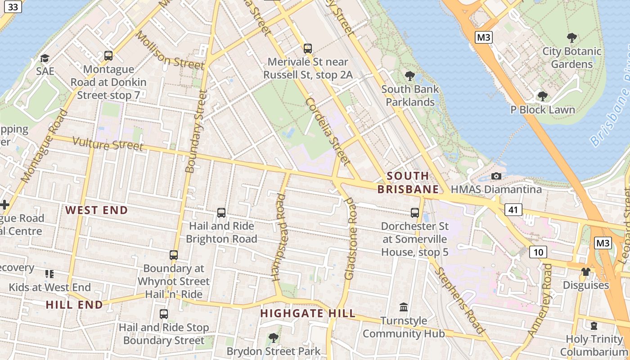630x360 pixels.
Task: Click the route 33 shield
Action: point(13,7)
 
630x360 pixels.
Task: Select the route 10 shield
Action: point(538,252)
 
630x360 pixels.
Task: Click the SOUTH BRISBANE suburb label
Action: point(408,183)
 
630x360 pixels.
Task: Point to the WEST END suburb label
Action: point(97,210)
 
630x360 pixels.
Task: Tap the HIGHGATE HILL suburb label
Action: point(308,314)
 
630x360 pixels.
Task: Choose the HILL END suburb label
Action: point(74,305)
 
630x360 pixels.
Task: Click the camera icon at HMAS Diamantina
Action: point(496,176)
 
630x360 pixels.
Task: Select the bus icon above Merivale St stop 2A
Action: point(308,49)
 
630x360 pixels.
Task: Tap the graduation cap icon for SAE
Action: point(45,58)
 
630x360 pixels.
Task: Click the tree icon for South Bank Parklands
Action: point(409,76)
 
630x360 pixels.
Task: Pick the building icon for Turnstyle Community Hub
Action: point(404,307)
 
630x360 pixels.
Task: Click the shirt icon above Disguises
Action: point(585,272)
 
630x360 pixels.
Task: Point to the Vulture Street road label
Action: point(108,144)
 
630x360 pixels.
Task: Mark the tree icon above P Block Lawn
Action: point(543,96)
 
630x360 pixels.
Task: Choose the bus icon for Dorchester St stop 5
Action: point(415,213)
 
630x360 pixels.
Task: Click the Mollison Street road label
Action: point(170,50)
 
